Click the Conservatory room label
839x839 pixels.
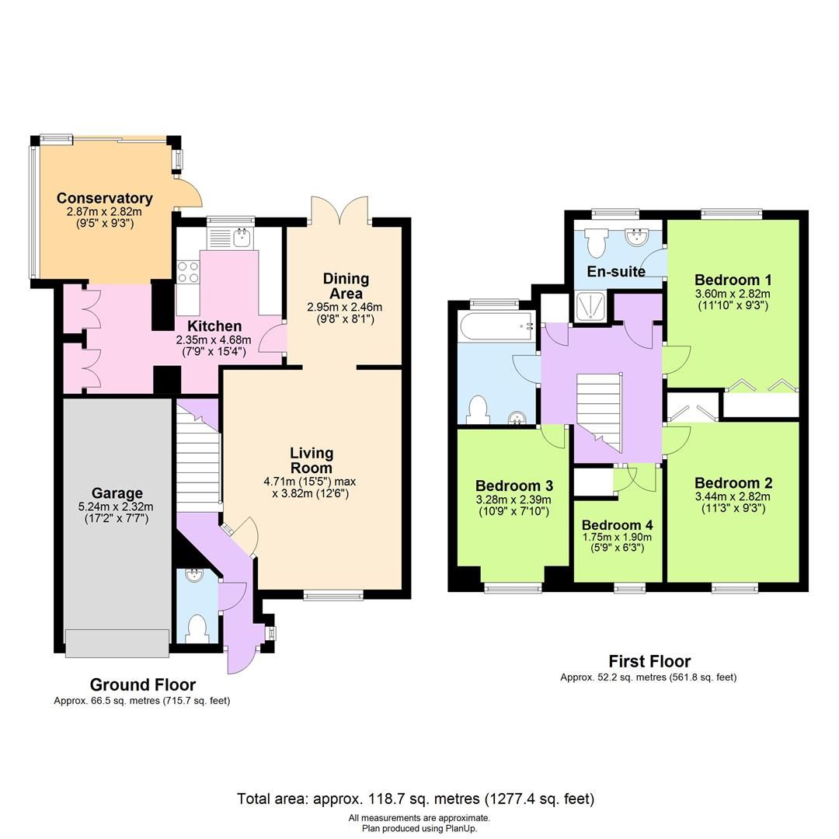[x=104, y=198]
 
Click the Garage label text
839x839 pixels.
[x=117, y=493]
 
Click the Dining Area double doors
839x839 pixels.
[x=339, y=210]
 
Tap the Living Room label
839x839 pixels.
[x=312, y=460]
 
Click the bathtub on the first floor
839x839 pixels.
[x=495, y=326]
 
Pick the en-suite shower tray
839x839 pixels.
[x=590, y=306]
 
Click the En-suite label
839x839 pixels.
[x=616, y=271]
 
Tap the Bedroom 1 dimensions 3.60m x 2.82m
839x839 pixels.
[x=733, y=294]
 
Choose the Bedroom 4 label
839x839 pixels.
[x=617, y=524]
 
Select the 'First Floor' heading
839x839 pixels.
[x=649, y=661]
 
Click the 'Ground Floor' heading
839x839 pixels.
[x=142, y=684]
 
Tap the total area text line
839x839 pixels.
[x=415, y=798]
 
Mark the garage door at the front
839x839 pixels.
[x=117, y=642]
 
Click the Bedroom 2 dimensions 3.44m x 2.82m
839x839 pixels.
[x=733, y=496]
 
